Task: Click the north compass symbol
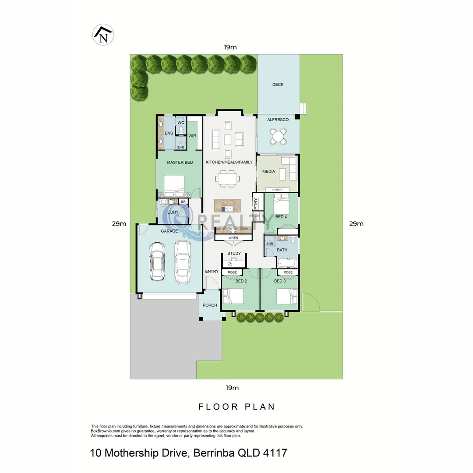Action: (103, 35)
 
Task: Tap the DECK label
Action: (278, 85)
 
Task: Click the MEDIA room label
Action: (268, 171)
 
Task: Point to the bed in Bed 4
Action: (281, 204)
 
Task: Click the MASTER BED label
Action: (180, 162)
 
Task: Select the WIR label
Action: (192, 136)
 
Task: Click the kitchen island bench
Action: (228, 205)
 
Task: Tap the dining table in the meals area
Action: (227, 179)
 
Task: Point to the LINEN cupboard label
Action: (233, 238)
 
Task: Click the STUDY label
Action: (234, 253)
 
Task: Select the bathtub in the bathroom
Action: (287, 263)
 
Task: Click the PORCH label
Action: (210, 305)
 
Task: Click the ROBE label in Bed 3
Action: (288, 272)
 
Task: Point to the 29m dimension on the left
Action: (119, 224)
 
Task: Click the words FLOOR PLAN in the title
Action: (236, 407)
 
